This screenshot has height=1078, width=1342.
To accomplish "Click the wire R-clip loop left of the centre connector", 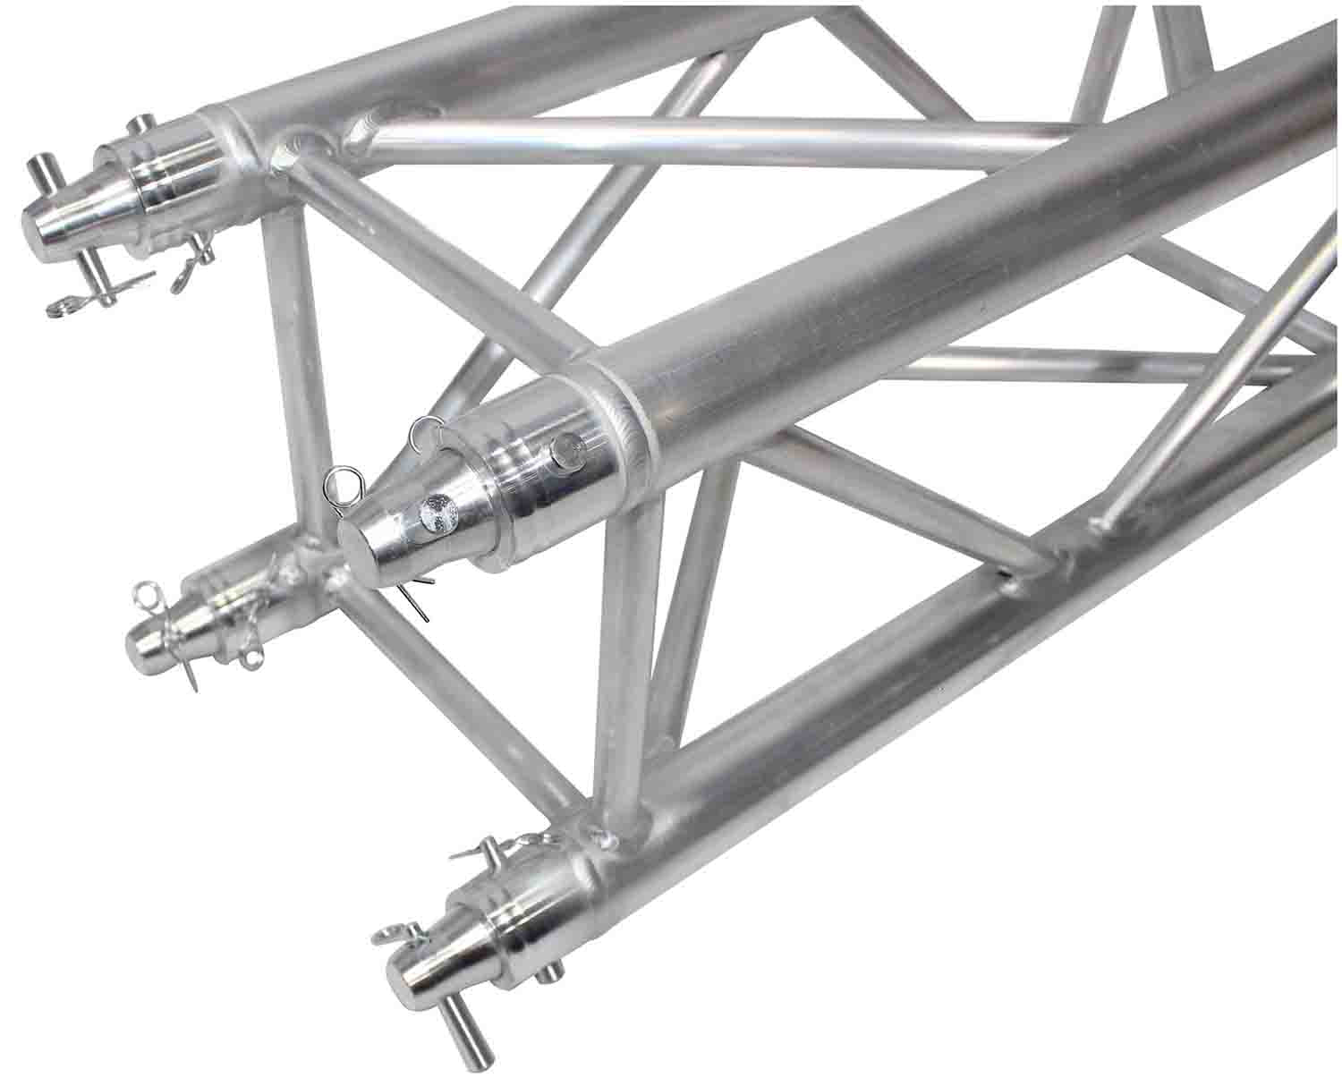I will pyautogui.click(x=341, y=488).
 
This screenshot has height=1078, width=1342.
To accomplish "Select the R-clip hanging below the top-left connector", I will pyautogui.click(x=67, y=307).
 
